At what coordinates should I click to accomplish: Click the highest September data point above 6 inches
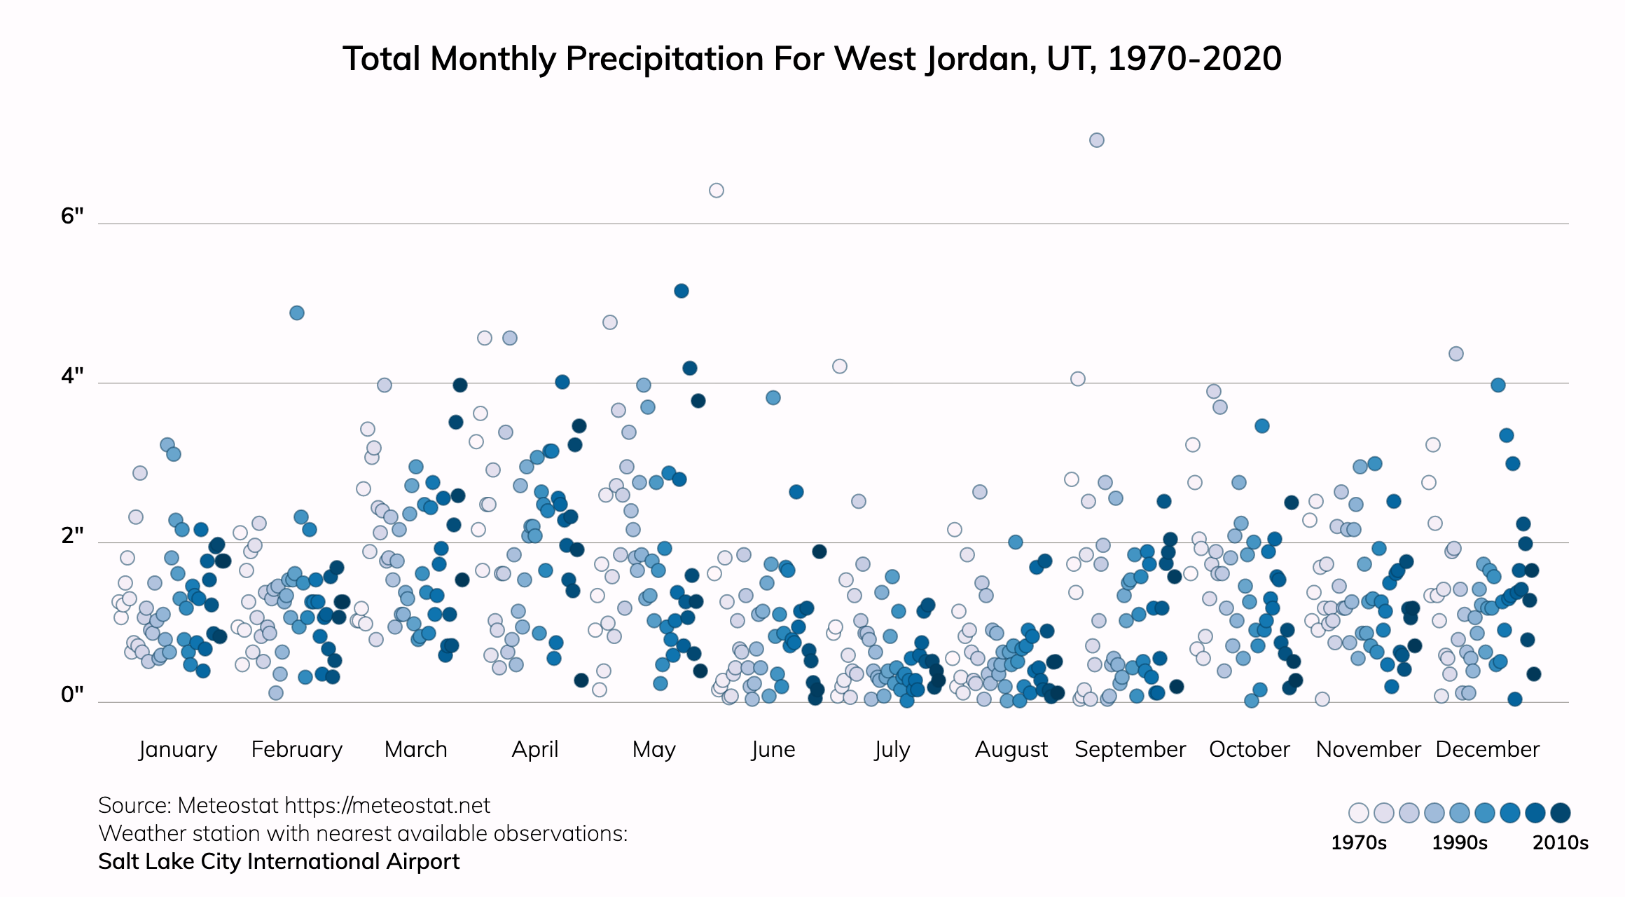[x=1097, y=140]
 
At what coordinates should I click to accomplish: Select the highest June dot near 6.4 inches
[x=716, y=191]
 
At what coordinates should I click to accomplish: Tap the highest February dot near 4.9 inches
[x=297, y=313]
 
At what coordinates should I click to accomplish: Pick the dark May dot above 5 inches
[x=682, y=291]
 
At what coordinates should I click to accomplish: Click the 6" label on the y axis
[x=72, y=216]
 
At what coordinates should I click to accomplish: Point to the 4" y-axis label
[x=72, y=376]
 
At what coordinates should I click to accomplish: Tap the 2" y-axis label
[x=72, y=536]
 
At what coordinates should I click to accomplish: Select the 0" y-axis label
[x=72, y=695]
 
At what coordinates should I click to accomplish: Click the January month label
[x=178, y=749]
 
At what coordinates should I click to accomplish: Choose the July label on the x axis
[x=892, y=749]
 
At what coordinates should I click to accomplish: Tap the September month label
[x=1130, y=749]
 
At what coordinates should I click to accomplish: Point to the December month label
[x=1487, y=749]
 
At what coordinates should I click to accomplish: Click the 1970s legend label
[x=1358, y=842]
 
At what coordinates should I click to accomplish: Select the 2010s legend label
[x=1560, y=842]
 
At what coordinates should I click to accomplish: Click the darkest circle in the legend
[x=1561, y=813]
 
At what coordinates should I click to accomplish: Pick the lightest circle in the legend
[x=1359, y=813]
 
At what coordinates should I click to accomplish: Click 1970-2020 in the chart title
[x=1194, y=59]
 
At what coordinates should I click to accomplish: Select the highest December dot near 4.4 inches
[x=1456, y=354]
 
